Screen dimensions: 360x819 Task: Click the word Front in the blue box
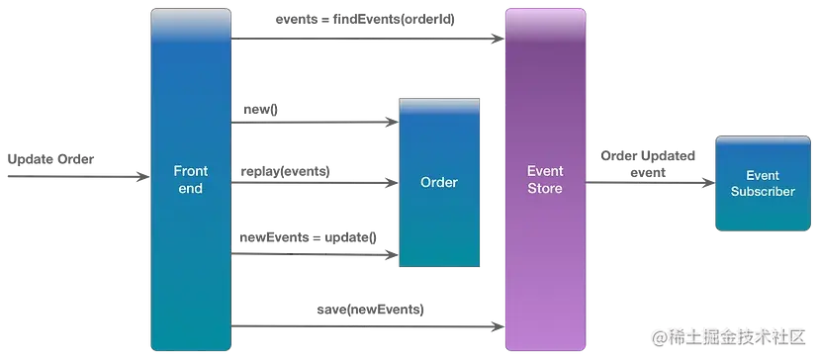click(189, 171)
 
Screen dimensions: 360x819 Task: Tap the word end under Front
click(189, 188)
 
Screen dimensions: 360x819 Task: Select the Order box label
click(438, 182)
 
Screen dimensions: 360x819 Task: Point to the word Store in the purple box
click(544, 188)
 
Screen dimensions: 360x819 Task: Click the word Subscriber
click(763, 192)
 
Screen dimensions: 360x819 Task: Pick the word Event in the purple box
click(544, 171)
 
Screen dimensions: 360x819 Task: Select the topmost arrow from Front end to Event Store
click(366, 38)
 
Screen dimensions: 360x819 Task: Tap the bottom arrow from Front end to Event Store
click(366, 323)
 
